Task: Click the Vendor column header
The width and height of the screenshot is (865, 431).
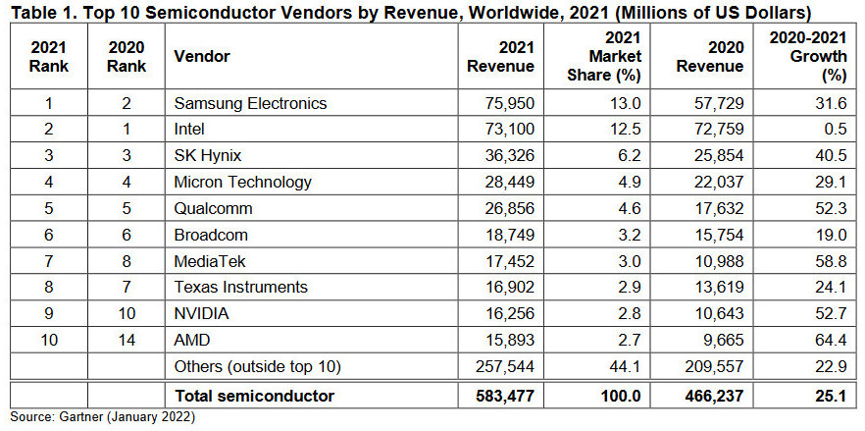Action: pos(201,57)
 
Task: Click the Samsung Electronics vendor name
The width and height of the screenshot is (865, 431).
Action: pos(250,103)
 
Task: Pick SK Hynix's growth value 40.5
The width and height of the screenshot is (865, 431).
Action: pos(830,155)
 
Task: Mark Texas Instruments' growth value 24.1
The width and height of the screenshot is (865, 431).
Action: pos(830,287)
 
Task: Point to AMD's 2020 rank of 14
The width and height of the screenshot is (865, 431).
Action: pos(127,340)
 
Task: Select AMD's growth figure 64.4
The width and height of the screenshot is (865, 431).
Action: pos(830,340)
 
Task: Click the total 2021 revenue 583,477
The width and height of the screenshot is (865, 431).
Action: pos(503,396)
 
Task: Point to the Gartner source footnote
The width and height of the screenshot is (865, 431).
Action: pos(103,418)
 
